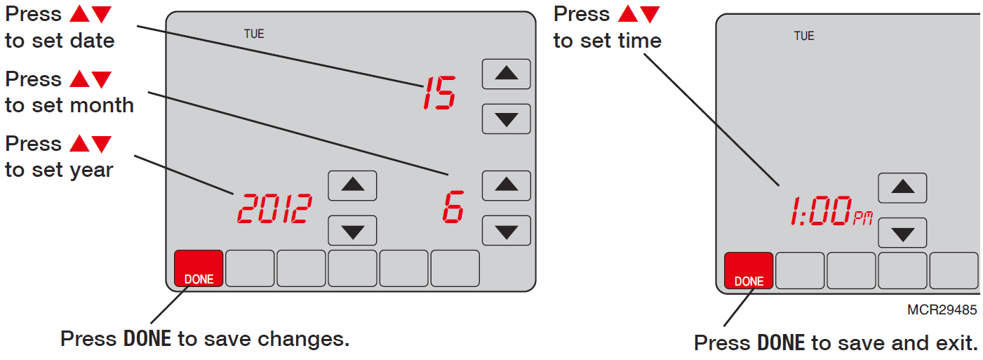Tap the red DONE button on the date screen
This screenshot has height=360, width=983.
[x=199, y=268]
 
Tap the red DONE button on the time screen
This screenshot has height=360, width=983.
[x=749, y=270]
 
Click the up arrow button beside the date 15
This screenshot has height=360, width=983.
[x=507, y=74]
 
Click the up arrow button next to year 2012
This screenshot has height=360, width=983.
[x=352, y=186]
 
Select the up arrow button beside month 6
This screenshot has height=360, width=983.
[x=507, y=186]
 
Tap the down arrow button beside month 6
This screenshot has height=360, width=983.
[x=507, y=230]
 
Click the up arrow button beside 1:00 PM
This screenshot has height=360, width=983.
[x=903, y=188]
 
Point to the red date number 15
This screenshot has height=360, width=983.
[x=439, y=93]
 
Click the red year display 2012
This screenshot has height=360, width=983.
[x=275, y=208]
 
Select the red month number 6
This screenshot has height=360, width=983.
[x=453, y=207]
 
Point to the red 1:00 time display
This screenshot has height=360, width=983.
[x=821, y=211]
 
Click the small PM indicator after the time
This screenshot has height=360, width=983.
[x=863, y=218]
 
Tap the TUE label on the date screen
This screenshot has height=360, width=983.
[x=254, y=34]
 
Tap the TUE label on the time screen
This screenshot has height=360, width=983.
[x=804, y=36]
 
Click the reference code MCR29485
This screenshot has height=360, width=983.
[x=942, y=310]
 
